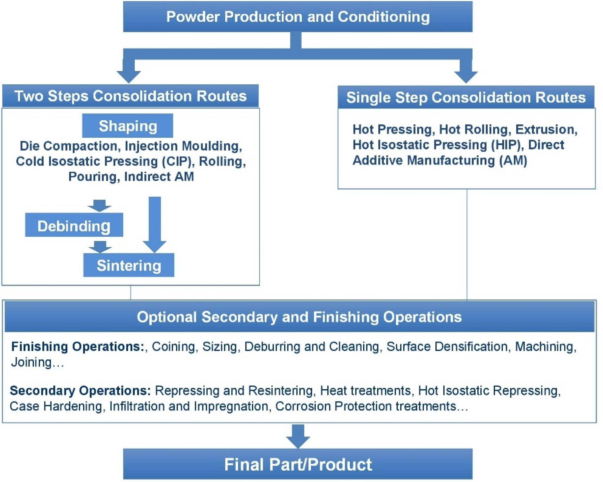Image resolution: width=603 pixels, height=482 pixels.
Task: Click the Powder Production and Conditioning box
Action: click(298, 16)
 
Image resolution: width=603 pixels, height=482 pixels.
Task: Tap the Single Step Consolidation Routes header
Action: click(466, 97)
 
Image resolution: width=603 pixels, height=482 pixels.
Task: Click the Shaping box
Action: click(128, 126)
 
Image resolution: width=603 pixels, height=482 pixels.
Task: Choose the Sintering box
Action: click(129, 265)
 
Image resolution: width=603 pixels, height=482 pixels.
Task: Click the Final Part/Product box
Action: click(298, 464)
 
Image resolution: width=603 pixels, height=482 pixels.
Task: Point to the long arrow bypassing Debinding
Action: click(155, 225)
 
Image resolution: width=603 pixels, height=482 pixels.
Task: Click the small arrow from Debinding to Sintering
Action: click(100, 247)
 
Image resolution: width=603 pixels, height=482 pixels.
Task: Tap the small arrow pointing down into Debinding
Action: click(99, 206)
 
